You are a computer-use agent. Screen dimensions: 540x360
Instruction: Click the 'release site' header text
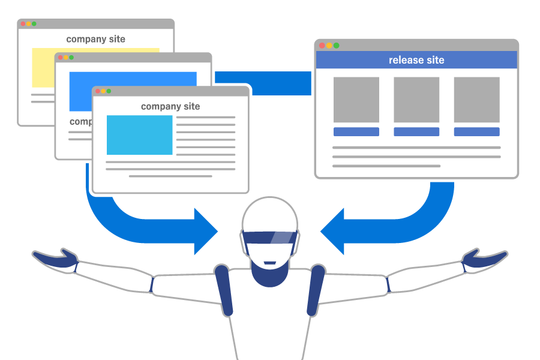coord(416,60)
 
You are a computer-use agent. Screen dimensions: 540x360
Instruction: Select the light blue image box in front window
coord(139,135)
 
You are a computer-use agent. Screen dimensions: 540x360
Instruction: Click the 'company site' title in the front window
coord(170,106)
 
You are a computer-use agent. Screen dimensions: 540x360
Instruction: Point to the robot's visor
coord(269,238)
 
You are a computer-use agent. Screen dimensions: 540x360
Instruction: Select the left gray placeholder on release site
coord(356,100)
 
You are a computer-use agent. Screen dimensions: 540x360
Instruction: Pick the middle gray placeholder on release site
coord(416,100)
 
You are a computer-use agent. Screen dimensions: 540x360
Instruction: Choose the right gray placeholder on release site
coord(476,100)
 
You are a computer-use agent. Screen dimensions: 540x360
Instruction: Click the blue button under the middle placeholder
coord(416,131)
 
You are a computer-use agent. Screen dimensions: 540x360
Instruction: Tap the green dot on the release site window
coord(337,46)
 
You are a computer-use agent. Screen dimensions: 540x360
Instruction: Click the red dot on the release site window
coord(322,46)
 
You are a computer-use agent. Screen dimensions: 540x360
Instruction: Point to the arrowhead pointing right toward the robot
coord(205,230)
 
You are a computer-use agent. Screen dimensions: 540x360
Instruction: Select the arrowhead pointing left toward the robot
coord(334,230)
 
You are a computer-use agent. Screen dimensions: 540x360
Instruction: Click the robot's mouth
coord(270,262)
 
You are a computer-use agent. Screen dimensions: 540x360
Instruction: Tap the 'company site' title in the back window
coord(96,39)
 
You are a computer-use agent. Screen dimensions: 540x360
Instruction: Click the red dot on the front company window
coord(97,91)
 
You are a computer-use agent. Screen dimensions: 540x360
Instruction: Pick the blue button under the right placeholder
coord(476,131)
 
